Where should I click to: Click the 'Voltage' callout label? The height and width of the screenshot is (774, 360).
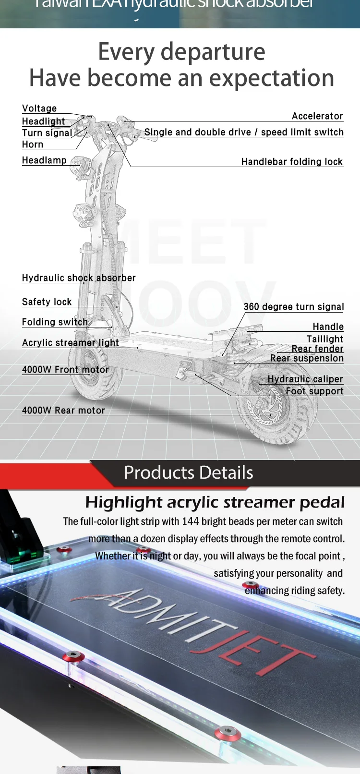click(39, 109)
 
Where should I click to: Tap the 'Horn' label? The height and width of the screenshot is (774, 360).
click(33, 145)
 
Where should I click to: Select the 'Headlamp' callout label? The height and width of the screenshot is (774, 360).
click(44, 160)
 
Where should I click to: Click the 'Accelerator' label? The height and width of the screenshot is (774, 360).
click(317, 116)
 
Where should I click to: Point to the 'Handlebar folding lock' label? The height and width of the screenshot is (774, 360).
click(292, 162)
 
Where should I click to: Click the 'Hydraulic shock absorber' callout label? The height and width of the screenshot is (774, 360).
click(79, 278)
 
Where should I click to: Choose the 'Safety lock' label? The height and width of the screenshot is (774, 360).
click(47, 302)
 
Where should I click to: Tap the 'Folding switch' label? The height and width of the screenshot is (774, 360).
click(55, 322)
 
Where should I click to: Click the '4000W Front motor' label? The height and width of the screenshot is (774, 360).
click(65, 370)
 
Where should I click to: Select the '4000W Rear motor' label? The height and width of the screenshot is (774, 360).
click(63, 411)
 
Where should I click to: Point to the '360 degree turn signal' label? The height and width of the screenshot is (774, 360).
click(294, 307)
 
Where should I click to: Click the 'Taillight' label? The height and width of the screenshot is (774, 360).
click(325, 339)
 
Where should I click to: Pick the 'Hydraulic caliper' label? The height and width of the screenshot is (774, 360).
click(305, 379)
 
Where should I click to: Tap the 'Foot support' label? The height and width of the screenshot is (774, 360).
click(314, 391)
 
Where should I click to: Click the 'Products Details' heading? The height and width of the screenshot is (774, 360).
click(188, 473)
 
